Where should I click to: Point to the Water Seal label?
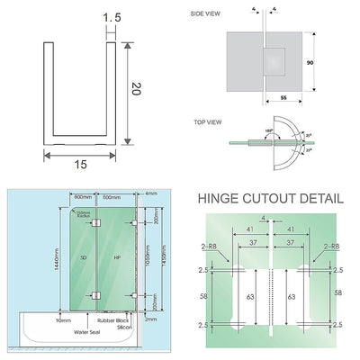coord(85,331)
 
